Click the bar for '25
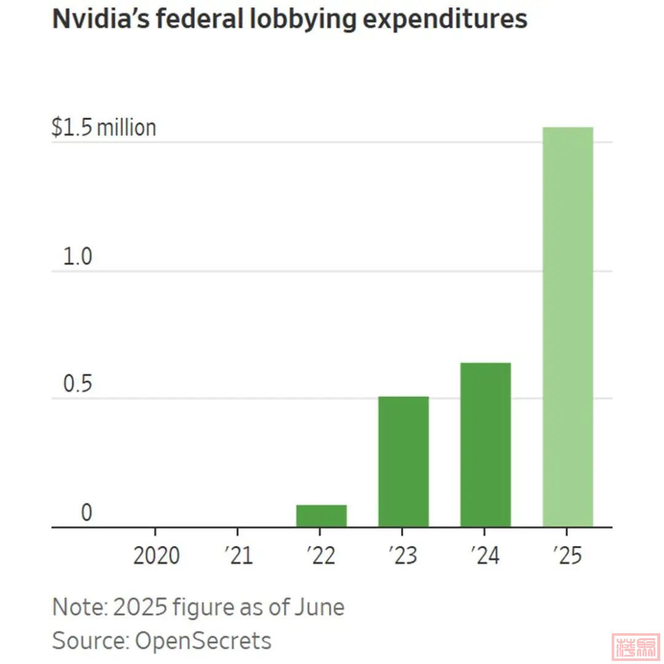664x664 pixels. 567,327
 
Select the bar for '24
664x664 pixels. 485,445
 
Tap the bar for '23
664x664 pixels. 403,462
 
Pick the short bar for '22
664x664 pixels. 322,516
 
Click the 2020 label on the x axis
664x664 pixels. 156,556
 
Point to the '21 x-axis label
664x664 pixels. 239,556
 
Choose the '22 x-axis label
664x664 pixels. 321,556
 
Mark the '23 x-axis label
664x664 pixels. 403,556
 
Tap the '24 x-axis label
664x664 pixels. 485,556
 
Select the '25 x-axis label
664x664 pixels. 567,556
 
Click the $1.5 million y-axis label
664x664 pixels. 103,128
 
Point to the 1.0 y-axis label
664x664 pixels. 77,257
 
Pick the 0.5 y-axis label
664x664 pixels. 77,385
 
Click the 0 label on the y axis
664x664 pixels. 87,513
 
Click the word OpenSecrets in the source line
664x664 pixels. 203,641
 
